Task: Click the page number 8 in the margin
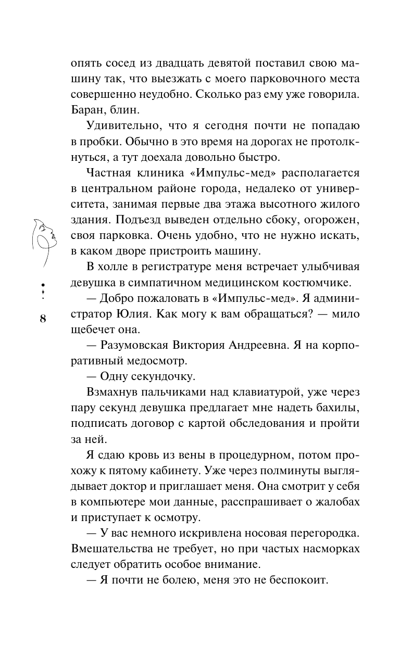43,319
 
